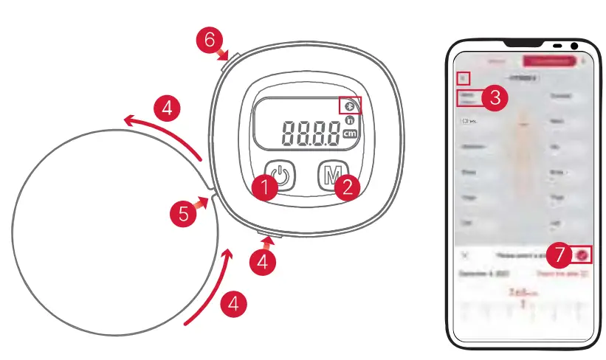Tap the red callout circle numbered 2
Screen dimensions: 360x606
[347, 187]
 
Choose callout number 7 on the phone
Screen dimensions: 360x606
[561, 255]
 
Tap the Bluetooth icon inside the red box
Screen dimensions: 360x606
[350, 106]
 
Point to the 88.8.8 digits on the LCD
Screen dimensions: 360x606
[310, 133]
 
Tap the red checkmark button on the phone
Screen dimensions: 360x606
[584, 255]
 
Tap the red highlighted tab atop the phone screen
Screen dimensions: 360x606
[548, 61]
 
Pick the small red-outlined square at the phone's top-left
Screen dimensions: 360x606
[463, 77]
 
